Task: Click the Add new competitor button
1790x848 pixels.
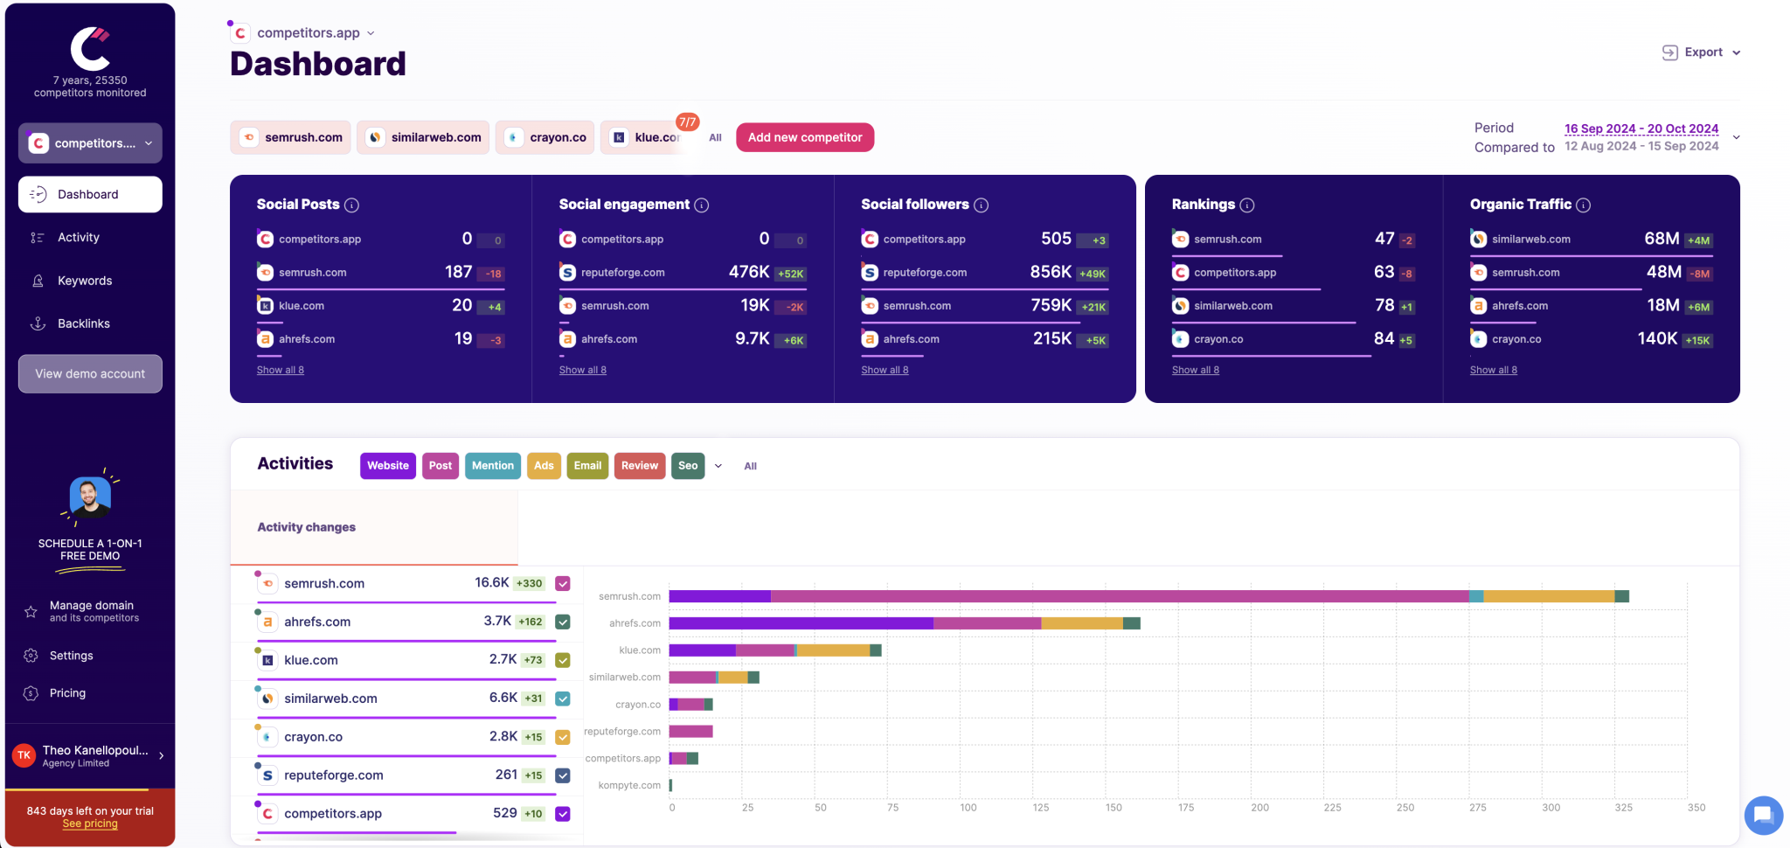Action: (x=804, y=137)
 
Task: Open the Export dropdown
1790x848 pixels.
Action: (x=1701, y=52)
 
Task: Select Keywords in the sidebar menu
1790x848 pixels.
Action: (x=85, y=281)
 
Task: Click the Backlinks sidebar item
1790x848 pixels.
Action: (x=84, y=323)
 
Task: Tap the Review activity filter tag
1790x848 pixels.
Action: (x=639, y=466)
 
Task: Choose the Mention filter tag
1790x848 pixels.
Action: (x=492, y=466)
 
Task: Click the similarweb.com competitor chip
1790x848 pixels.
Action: (x=423, y=137)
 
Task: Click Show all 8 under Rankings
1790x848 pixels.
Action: (x=1195, y=370)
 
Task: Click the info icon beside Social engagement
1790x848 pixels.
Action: (x=702, y=205)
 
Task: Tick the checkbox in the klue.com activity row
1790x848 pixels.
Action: (x=563, y=660)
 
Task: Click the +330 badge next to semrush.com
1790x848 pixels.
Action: (x=529, y=583)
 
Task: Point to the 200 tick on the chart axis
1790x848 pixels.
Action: (x=1259, y=808)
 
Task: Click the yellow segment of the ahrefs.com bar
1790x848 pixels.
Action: (x=1081, y=623)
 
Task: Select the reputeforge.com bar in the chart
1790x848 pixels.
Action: (x=690, y=732)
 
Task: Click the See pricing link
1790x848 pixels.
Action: (x=90, y=824)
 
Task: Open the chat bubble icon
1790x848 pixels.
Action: (x=1763, y=815)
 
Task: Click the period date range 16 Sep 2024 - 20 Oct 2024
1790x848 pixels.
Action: (x=1641, y=129)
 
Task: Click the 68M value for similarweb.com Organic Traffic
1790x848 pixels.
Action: (x=1661, y=239)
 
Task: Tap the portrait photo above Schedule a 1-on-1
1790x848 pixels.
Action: (x=90, y=497)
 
